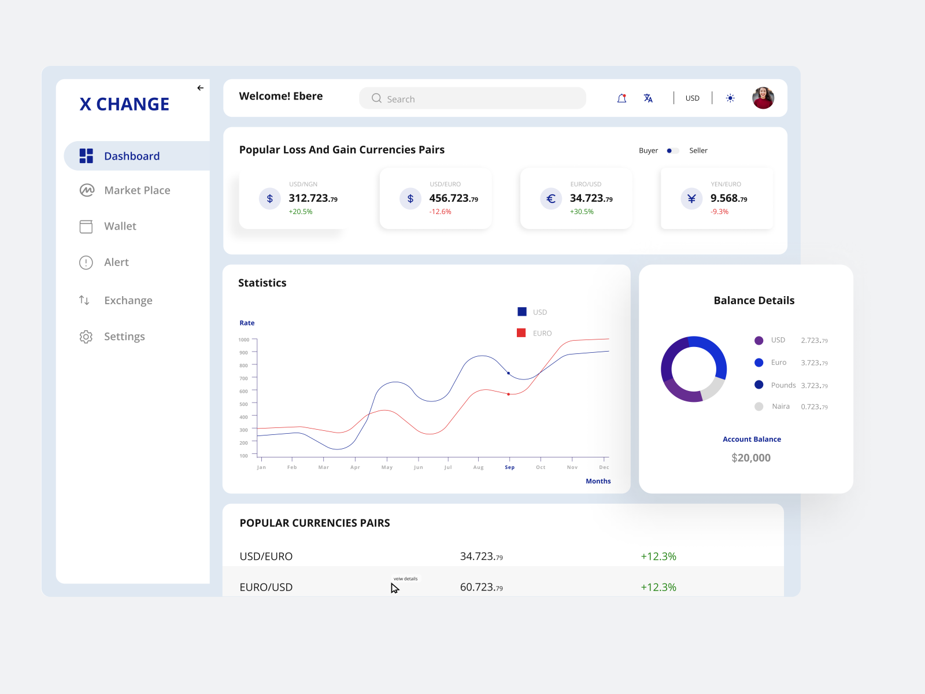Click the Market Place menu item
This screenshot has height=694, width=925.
tap(136, 190)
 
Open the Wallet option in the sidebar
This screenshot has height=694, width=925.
tap(120, 226)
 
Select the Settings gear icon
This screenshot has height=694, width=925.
tap(86, 337)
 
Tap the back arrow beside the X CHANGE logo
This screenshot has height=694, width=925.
tap(200, 88)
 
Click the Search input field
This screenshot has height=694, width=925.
tap(472, 98)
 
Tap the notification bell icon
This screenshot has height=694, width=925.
tap(621, 98)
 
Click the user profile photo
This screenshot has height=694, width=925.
tap(763, 98)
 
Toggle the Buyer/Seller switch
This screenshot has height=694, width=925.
tap(672, 150)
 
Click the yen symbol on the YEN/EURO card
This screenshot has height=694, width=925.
tap(691, 198)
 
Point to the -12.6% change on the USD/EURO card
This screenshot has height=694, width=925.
tap(440, 212)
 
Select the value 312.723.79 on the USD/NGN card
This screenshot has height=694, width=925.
tap(313, 198)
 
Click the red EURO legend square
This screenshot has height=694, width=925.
tap(521, 333)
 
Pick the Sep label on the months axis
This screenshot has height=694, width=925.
tap(509, 467)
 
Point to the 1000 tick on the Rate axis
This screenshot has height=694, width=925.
tap(244, 339)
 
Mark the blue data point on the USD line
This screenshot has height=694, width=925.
tap(508, 373)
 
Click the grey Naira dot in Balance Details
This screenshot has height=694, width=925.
tap(758, 407)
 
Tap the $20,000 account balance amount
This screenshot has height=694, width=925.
tap(750, 457)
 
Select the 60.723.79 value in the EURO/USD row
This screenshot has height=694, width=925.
tap(481, 587)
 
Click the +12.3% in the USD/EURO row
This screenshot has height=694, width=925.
tap(658, 556)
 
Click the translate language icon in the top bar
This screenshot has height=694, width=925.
tap(648, 98)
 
